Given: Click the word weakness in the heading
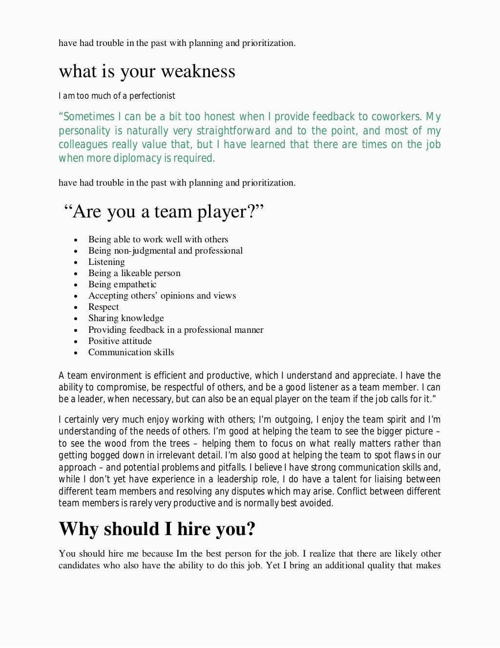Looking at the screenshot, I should [198, 72].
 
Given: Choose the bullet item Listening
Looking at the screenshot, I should [106, 262].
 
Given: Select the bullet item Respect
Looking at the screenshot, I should [104, 307].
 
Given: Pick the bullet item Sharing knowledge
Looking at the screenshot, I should [126, 318].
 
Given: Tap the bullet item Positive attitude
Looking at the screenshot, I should [120, 341].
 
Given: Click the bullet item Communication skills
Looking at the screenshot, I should [131, 352].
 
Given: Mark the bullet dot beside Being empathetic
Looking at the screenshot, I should [76, 285].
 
